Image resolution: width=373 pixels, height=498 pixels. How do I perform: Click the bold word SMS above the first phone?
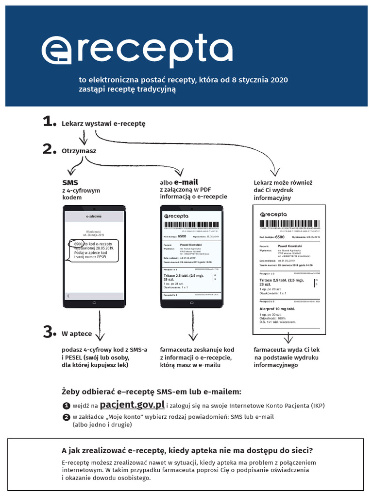tap(70, 182)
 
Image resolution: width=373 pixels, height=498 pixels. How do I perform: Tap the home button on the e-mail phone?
tap(191, 303)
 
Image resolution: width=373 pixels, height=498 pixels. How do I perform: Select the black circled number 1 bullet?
tap(66, 406)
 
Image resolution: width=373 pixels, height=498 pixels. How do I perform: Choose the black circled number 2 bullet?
tap(66, 417)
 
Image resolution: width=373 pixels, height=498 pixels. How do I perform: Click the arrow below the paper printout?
tap(288, 339)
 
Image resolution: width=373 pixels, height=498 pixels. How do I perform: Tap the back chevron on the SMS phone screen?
tap(68, 296)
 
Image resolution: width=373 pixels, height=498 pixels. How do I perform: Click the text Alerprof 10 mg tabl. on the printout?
tap(277, 309)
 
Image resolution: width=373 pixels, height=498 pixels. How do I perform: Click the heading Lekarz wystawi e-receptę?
tap(103, 124)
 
